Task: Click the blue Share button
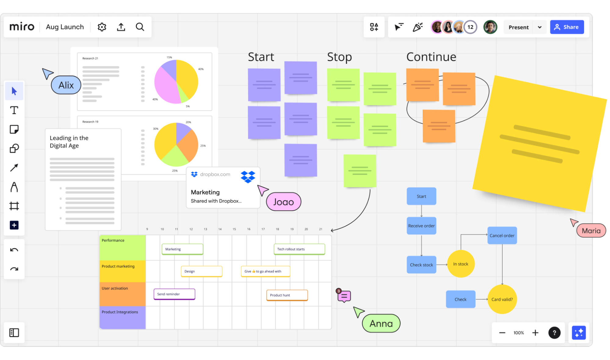[x=567, y=27]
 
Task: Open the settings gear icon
[x=102, y=27]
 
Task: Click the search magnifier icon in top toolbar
[x=140, y=27]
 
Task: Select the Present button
[x=518, y=27]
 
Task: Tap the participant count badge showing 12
[x=470, y=27]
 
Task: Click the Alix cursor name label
[x=66, y=85]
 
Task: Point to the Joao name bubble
[x=283, y=202]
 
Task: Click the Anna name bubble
[x=381, y=323]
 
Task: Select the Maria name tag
[x=591, y=231]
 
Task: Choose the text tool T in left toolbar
[x=14, y=110]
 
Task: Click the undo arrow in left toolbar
[x=14, y=250]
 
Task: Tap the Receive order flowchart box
[x=421, y=226]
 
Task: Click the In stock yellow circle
[x=460, y=264]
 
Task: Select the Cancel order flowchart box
[x=502, y=235]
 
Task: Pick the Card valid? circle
[x=502, y=299]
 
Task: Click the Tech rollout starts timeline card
[x=299, y=249]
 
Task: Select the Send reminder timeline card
[x=174, y=294]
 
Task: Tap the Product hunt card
[x=287, y=295]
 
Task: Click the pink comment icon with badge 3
[x=344, y=296]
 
